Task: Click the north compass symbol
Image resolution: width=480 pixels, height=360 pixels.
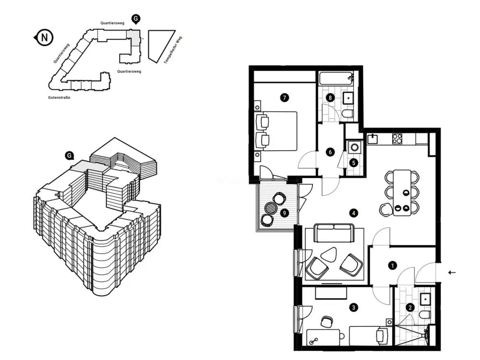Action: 44,37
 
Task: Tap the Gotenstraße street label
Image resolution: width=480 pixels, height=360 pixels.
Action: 59,97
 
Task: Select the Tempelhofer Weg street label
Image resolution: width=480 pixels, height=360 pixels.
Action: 173,50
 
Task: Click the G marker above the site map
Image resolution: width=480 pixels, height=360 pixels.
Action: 136,19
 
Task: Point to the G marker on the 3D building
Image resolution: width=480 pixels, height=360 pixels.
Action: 70,156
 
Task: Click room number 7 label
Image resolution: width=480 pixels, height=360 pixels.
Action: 284,97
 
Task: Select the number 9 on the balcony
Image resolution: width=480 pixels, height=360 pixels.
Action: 285,213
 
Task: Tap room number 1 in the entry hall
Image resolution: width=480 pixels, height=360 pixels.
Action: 393,266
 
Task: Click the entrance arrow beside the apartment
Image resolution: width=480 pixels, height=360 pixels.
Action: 452,273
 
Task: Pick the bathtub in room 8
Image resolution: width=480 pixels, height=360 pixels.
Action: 336,79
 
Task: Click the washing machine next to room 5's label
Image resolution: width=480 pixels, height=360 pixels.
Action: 355,147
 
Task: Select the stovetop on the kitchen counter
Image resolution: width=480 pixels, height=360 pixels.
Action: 397,139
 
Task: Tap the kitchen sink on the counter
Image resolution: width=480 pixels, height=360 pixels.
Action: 372,139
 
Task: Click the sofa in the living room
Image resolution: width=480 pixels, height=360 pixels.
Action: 334,233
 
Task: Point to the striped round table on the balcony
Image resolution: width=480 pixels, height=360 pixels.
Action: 271,209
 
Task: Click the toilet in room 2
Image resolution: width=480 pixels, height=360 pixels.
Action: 426,314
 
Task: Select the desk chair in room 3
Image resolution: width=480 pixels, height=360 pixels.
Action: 327,322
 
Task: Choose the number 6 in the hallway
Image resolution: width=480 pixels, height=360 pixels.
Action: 330,152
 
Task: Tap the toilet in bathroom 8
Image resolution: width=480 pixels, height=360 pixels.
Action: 348,115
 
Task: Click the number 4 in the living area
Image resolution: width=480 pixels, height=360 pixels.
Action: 354,213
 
